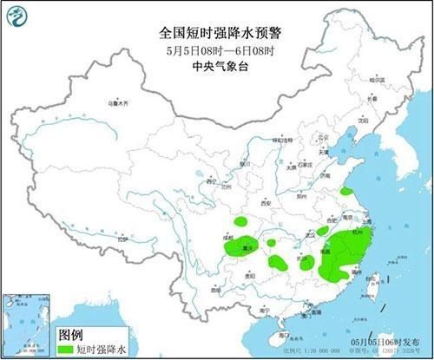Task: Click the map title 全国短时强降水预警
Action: point(217,33)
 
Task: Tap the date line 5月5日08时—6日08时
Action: point(217,49)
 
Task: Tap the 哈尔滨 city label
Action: point(377,80)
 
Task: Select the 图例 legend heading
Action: point(72,334)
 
